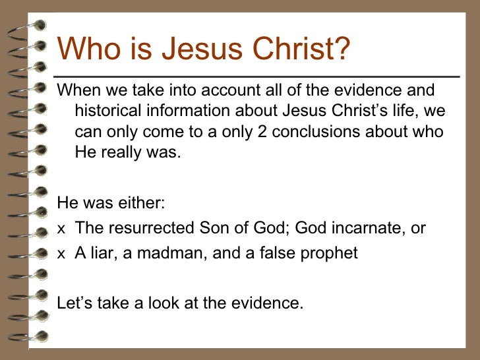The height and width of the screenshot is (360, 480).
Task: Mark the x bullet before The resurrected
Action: point(61,229)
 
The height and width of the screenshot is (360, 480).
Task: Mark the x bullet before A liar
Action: point(61,253)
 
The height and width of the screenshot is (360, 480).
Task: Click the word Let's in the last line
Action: point(75,304)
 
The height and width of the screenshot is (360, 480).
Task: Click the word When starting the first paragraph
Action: point(77,90)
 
